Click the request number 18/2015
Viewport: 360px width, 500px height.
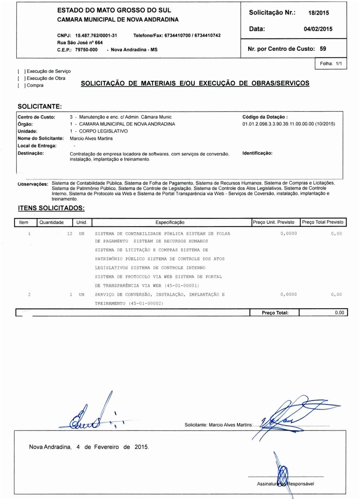(x=318, y=13)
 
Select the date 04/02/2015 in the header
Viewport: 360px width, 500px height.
(x=318, y=29)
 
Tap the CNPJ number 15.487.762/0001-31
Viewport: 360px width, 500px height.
(x=96, y=35)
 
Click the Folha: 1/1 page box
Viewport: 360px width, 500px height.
(x=331, y=64)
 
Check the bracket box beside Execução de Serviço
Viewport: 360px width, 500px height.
(x=21, y=71)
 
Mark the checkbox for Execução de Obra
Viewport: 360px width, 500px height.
(x=21, y=78)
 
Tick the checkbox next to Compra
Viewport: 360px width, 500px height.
(x=21, y=85)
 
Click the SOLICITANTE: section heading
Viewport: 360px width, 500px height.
(x=40, y=106)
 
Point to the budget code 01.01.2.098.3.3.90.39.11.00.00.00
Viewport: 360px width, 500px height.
(x=278, y=124)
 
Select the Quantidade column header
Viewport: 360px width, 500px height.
(x=52, y=223)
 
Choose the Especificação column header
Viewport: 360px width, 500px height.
(x=170, y=223)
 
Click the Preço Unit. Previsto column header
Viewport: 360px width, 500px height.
(x=274, y=222)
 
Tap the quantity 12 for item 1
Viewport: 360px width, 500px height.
(x=70, y=234)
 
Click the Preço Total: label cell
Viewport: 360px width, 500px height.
(x=275, y=313)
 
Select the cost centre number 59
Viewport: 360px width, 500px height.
(x=323, y=49)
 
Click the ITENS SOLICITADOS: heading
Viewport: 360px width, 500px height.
(x=51, y=208)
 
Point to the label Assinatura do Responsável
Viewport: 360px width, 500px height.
(x=285, y=484)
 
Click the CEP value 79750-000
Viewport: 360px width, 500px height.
(x=86, y=50)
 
